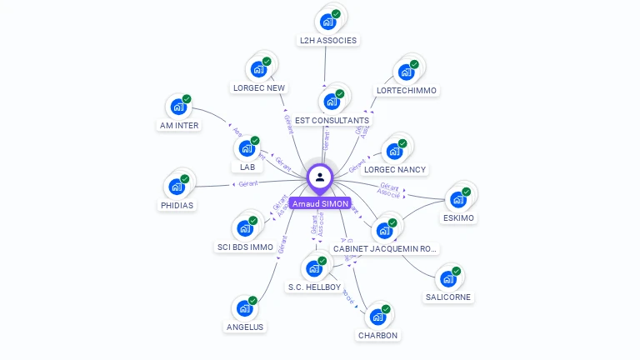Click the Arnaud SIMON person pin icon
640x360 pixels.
point(320,177)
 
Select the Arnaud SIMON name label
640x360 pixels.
point(320,203)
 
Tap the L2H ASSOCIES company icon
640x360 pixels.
point(327,22)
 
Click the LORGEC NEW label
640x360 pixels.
point(258,87)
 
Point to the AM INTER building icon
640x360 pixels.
point(178,107)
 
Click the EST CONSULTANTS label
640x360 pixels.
point(332,120)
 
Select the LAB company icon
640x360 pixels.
point(247,149)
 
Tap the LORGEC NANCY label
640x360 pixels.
point(395,169)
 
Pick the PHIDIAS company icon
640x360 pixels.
point(177,187)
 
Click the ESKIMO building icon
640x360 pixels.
point(457,200)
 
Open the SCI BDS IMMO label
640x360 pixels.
point(245,247)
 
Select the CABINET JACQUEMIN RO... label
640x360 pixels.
point(384,248)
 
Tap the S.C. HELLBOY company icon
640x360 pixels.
point(314,268)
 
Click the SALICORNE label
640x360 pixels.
point(448,297)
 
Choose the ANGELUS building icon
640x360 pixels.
point(245,309)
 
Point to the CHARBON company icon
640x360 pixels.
point(377,317)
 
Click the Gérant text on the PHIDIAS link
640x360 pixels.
point(247,183)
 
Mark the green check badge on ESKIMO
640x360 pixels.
point(467,192)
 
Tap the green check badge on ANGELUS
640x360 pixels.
point(253,301)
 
